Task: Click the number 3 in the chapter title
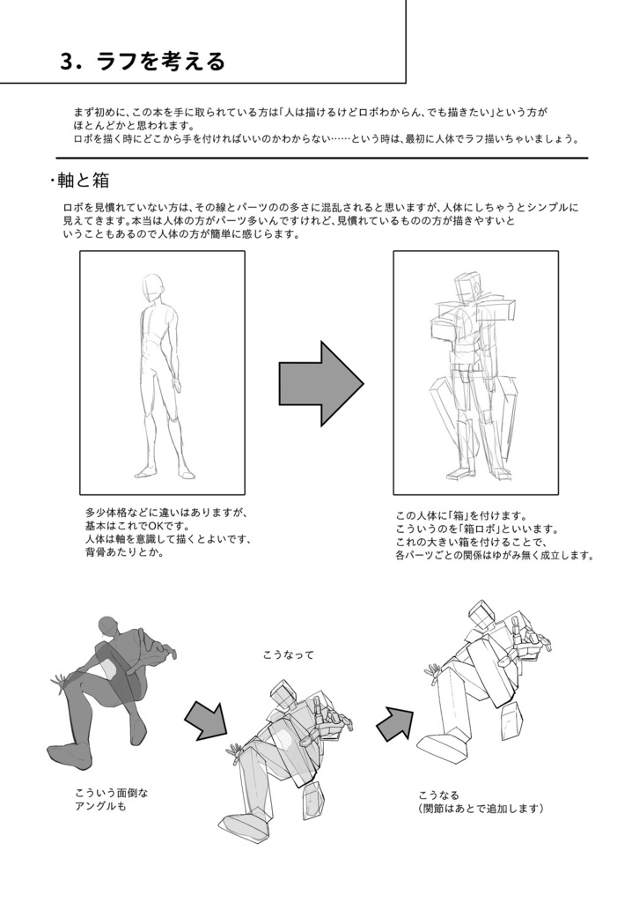tap(68, 62)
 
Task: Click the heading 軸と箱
tap(82, 180)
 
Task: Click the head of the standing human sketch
tap(154, 287)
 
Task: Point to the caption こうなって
tap(288, 655)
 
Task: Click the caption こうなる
tap(438, 795)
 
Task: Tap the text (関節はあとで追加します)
tap(481, 809)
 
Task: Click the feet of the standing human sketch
tap(163, 472)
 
